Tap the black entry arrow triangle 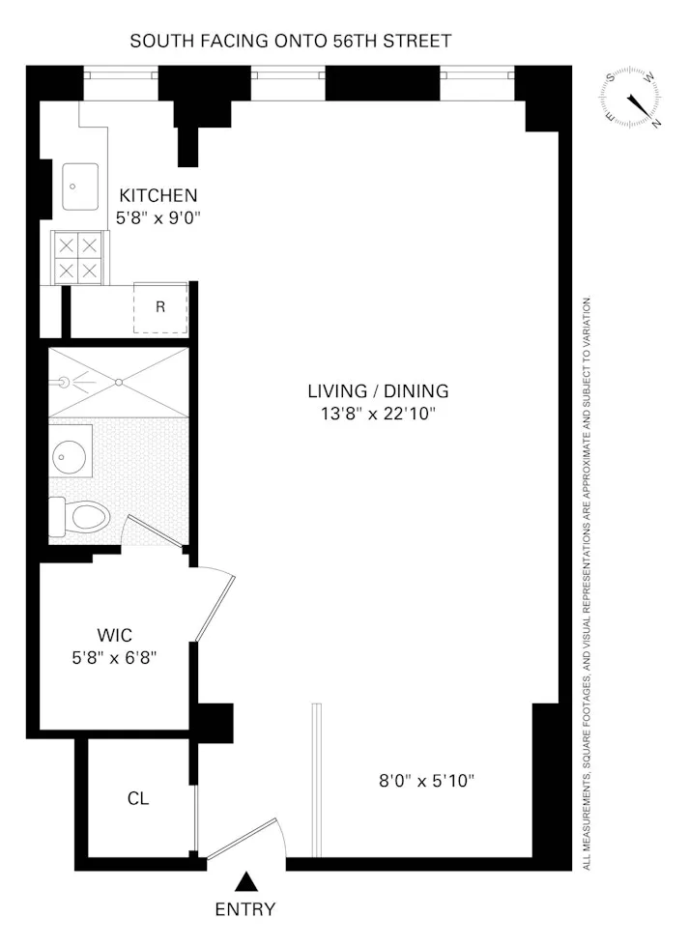pos(247,881)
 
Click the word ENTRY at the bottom pos(245,909)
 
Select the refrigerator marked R pos(160,307)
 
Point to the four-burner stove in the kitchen pos(78,258)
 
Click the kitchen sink pos(80,187)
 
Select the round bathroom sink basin pos(70,452)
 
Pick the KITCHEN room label pos(158,195)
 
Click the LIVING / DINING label pos(378,391)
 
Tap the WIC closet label pos(114,635)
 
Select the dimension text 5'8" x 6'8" pos(114,657)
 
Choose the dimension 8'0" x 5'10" pos(425,780)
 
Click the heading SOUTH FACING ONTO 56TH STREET pos(291,41)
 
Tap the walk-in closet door pos(215,607)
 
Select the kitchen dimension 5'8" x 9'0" pos(158,218)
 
